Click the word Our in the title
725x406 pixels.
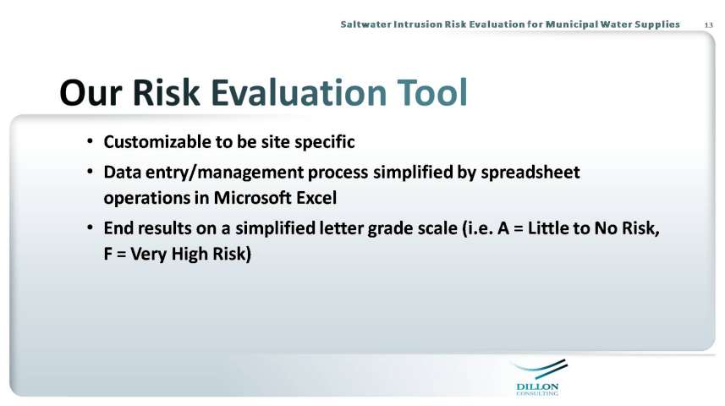point(91,92)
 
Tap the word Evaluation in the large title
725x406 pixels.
point(299,92)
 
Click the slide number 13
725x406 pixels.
point(708,25)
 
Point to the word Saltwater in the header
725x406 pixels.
point(365,24)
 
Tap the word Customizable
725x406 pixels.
point(157,142)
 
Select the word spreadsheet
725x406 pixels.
point(530,173)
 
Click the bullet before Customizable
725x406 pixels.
point(91,140)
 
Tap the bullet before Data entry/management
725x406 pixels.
point(91,171)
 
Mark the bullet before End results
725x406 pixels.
point(91,227)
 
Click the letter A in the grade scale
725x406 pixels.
point(503,228)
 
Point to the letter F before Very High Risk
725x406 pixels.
point(107,254)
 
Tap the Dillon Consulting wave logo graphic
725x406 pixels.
point(541,369)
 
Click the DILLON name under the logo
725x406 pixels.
point(537,387)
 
